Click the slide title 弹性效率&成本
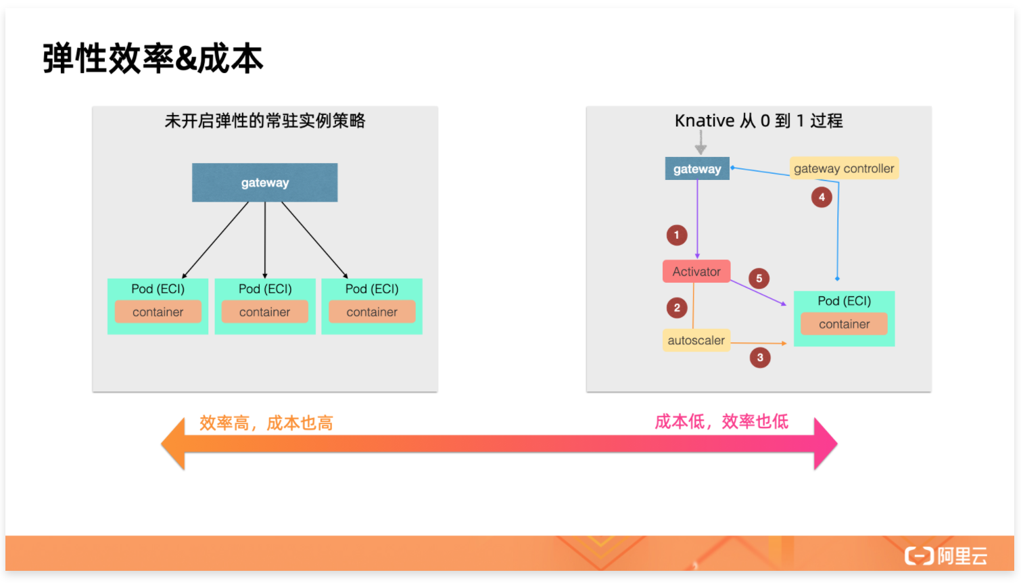153,58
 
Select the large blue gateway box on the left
264,183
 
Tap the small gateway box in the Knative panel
697,169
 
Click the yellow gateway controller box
844,168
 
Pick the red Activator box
696,271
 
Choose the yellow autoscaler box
696,340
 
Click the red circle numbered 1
676,235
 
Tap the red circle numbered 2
677,308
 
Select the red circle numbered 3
760,357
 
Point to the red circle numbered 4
822,197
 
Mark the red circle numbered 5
759,278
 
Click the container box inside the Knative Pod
844,324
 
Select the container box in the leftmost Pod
158,312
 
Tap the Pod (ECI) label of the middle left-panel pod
265,289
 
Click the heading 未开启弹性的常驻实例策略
264,121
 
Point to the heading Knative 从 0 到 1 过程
759,121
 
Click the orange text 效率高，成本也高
266,423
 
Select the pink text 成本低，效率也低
721,422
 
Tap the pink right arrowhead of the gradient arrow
825,444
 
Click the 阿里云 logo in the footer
946,556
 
